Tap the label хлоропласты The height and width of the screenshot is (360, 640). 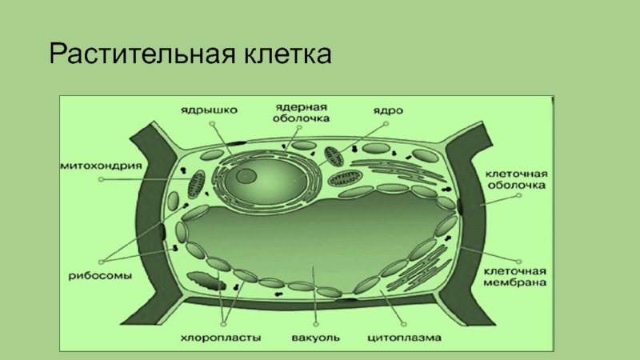click(x=230, y=338)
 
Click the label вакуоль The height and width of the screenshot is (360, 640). click(x=314, y=338)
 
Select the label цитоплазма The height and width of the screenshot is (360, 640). click(x=405, y=338)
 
